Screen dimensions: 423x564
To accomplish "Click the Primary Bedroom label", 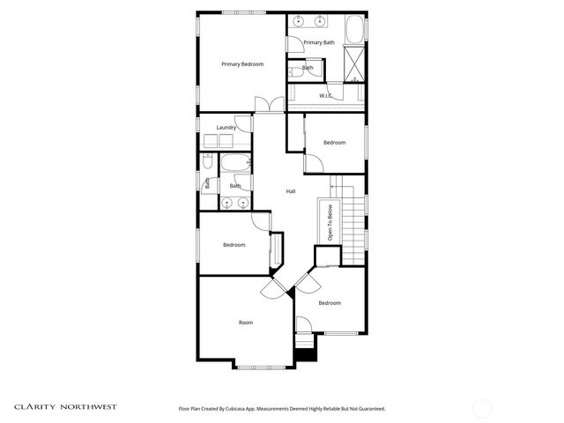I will pyautogui.click(x=242, y=64).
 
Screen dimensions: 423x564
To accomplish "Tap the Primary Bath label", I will pyautogui.click(x=319, y=42).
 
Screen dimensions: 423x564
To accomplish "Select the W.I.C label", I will pyautogui.click(x=325, y=95).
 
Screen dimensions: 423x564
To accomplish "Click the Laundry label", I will pyautogui.click(x=226, y=128).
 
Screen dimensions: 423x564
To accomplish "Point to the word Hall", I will pyautogui.click(x=290, y=191).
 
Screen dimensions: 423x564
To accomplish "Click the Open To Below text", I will pyautogui.click(x=330, y=223).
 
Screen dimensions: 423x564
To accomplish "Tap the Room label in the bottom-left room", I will pyautogui.click(x=246, y=323).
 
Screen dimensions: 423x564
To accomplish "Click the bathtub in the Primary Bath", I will pyautogui.click(x=354, y=30).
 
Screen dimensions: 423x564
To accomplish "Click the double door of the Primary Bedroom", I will pyautogui.click(x=268, y=105).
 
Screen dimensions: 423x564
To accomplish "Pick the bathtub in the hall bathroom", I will pyautogui.click(x=236, y=164).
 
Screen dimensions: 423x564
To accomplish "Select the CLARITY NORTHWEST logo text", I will pyautogui.click(x=64, y=407).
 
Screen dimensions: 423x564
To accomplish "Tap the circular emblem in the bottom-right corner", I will pyautogui.click(x=482, y=408).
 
